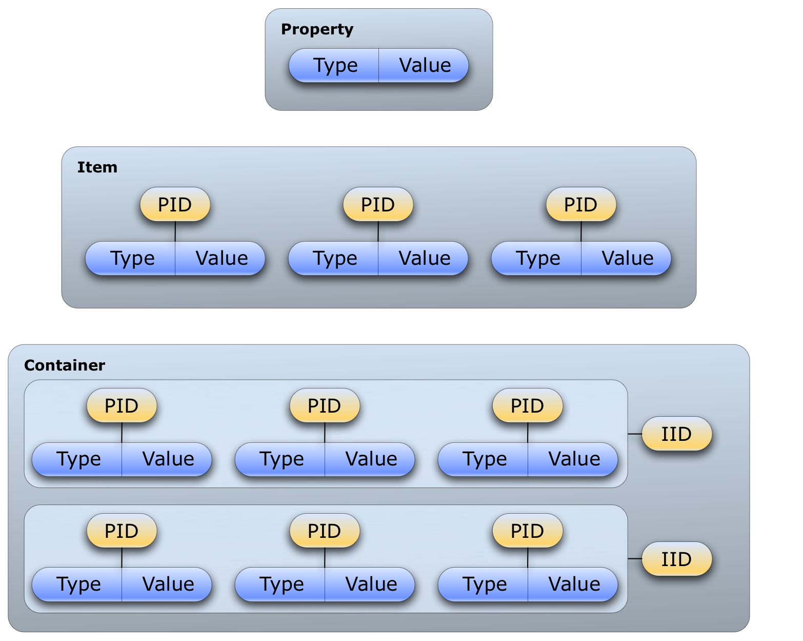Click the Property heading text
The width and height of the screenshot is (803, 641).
tap(317, 30)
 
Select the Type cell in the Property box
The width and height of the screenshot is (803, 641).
tap(335, 66)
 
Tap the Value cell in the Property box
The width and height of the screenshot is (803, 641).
tap(425, 66)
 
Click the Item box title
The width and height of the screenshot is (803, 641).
tap(97, 167)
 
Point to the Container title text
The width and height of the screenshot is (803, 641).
tap(65, 365)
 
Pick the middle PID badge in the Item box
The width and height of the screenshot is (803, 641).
tap(378, 205)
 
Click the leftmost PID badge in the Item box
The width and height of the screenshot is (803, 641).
tap(175, 205)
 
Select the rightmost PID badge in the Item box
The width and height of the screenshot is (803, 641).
tap(581, 205)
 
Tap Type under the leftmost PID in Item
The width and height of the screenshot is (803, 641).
tap(132, 258)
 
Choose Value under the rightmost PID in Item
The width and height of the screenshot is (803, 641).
tap(627, 258)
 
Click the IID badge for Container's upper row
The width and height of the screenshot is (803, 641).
tap(676, 434)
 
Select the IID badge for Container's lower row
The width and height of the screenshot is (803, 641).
tap(676, 559)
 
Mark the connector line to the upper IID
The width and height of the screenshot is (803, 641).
tap(635, 434)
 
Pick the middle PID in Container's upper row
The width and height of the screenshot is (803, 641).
tap(325, 406)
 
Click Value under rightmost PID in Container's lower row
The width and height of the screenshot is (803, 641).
tap(574, 584)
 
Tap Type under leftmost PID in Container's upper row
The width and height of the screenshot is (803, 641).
tap(78, 459)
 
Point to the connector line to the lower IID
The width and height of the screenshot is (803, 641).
tap(635, 558)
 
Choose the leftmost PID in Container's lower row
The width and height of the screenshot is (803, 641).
tap(122, 531)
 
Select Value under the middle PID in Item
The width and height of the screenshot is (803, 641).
tap(424, 258)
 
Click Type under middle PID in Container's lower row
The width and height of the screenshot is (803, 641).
tap(282, 584)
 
